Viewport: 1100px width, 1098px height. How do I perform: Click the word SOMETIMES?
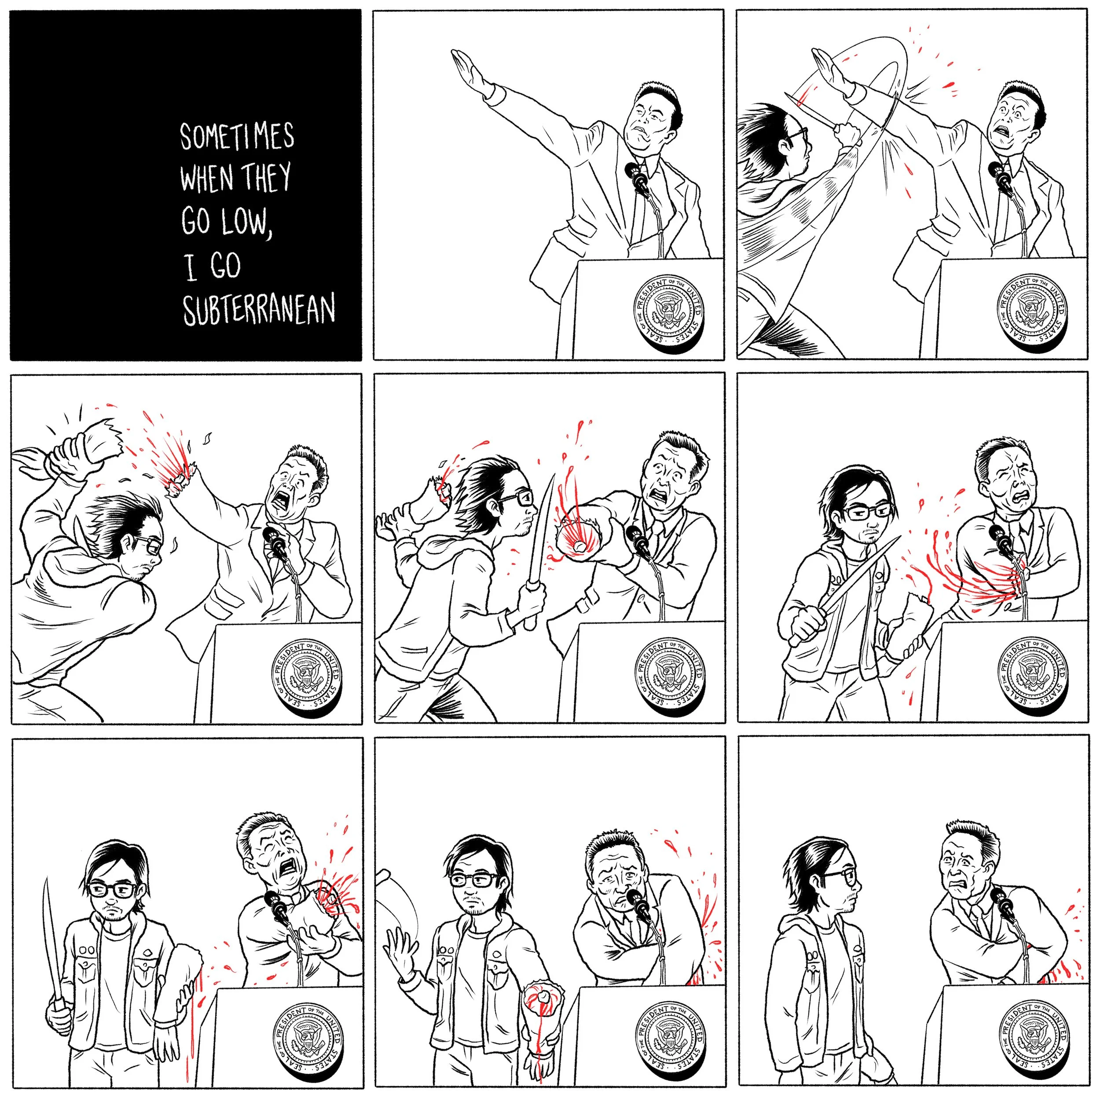pos(238,137)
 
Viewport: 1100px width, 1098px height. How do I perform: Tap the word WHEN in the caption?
pos(207,178)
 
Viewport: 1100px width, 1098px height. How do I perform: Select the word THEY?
pos(267,176)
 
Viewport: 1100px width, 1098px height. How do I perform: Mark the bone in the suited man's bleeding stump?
pos(579,545)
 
